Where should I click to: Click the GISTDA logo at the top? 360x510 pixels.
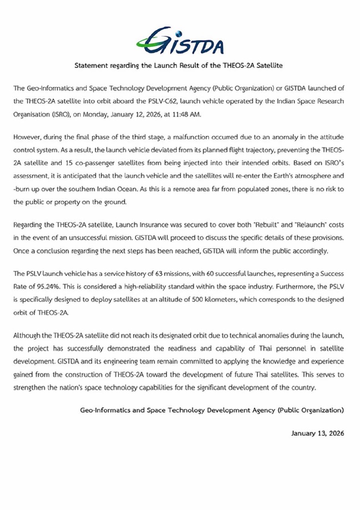click(x=180, y=41)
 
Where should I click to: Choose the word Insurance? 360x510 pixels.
click(x=153, y=225)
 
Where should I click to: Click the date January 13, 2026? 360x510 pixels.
click(x=317, y=433)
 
